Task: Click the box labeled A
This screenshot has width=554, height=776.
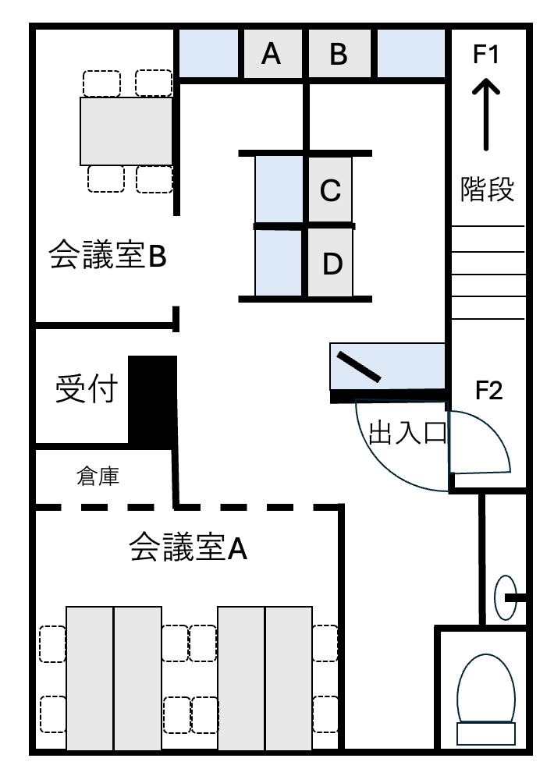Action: point(272,54)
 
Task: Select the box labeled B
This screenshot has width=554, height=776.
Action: point(339,54)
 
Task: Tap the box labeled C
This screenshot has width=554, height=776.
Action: point(330,190)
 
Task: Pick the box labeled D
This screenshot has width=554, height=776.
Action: point(331,263)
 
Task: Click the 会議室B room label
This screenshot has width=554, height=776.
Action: point(108,255)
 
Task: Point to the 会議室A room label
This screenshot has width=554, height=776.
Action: point(188,547)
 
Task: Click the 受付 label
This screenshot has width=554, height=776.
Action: point(87,389)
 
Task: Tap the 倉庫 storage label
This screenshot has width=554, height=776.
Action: point(98,476)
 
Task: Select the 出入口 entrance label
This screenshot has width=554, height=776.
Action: point(408,433)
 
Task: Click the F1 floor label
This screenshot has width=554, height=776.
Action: point(485,54)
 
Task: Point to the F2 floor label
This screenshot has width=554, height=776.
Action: point(488,391)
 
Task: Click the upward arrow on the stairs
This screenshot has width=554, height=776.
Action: point(485,115)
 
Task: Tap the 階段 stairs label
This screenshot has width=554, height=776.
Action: point(487,189)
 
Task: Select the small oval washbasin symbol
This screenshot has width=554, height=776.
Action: point(506,597)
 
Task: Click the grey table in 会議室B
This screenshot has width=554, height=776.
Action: point(126,131)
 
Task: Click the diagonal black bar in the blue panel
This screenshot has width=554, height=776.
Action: point(359,367)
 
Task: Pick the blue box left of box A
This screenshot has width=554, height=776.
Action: point(208,54)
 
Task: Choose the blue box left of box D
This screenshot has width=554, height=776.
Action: point(279,263)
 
